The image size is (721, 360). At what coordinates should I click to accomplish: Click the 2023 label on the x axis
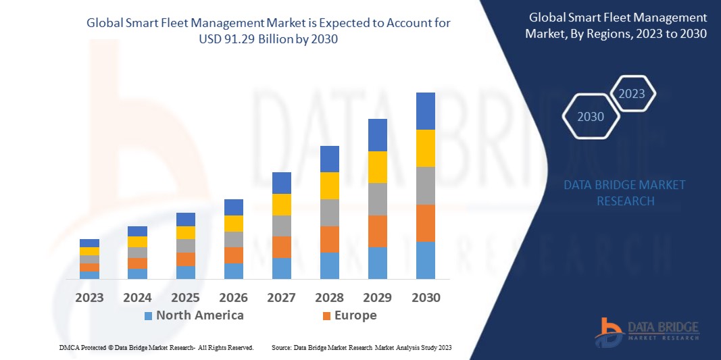[x=89, y=297]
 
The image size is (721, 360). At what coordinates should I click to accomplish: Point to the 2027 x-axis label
[x=281, y=297]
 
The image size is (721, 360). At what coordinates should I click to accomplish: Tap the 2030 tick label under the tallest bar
[x=425, y=297]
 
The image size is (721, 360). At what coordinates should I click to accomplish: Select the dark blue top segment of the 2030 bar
[x=425, y=111]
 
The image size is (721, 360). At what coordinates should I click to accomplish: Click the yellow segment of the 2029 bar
[x=377, y=167]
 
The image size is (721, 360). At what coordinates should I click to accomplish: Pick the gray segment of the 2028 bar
[x=329, y=212]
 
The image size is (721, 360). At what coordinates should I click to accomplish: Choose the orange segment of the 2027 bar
[x=281, y=247]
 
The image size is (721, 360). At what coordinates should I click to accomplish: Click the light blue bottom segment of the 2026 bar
[x=233, y=271]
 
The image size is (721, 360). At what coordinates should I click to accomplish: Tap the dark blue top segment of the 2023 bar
[x=89, y=243]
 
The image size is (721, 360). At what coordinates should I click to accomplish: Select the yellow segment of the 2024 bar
[x=137, y=242]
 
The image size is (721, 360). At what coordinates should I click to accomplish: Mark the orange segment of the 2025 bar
[x=185, y=259]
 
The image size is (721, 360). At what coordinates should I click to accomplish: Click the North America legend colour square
[x=148, y=315]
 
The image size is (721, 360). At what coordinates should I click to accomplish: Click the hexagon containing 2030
[x=591, y=117]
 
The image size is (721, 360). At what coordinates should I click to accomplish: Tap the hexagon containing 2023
[x=632, y=94]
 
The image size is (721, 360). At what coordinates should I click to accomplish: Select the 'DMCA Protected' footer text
[x=80, y=347]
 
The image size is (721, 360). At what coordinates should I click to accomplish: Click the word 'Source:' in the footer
[x=282, y=347]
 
